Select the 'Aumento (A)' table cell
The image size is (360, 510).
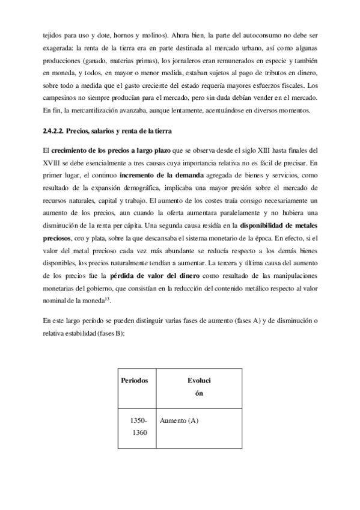[x=179, y=420]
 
